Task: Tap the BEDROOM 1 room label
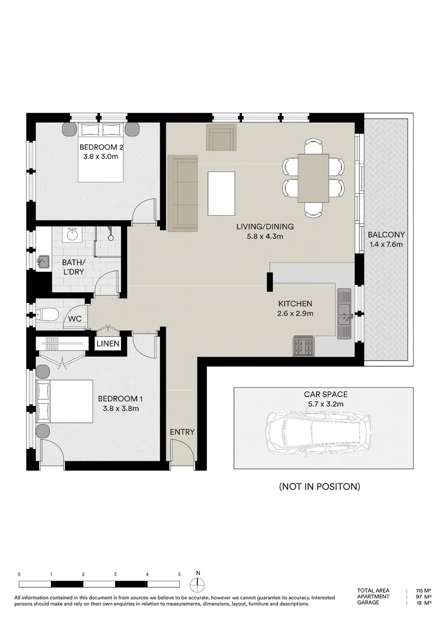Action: (118, 399)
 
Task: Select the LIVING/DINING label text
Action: (265, 226)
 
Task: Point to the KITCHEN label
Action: (295, 303)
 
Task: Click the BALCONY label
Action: (386, 235)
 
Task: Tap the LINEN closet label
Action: (108, 344)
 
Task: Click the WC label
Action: (74, 318)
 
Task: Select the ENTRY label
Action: (182, 432)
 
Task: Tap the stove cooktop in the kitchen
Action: (304, 346)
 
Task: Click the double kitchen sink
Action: (344, 314)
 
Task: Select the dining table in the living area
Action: (313, 178)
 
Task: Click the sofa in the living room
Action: (182, 193)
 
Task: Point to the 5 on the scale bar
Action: (180, 575)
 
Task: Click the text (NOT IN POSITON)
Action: (320, 486)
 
